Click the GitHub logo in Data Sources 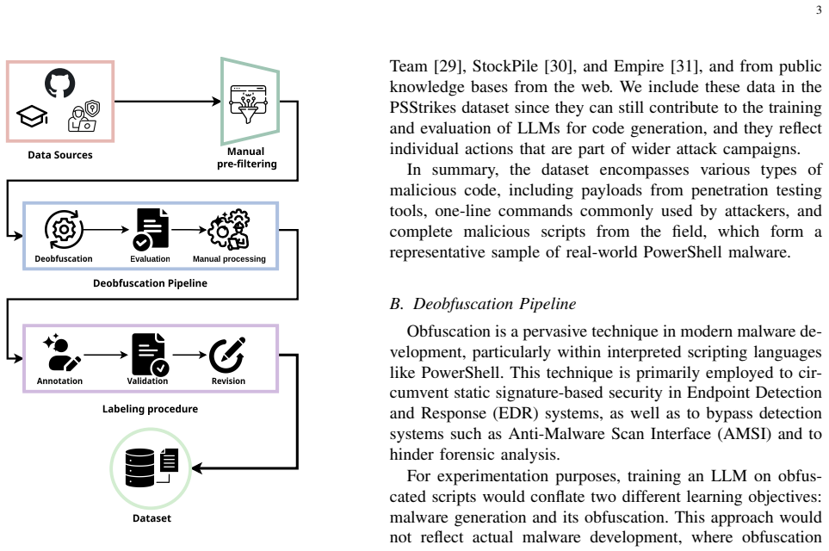coord(59,83)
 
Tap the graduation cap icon coord(32,116)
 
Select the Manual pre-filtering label coord(246,158)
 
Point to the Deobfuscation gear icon coord(64,230)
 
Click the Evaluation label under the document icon coord(150,258)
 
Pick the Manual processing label coord(229,258)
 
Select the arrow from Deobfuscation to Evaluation coord(106,230)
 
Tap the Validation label coord(147,381)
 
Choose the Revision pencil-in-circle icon coord(227,355)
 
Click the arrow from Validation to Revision coord(189,355)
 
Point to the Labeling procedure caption coord(150,409)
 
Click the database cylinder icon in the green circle coord(140,467)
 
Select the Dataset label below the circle coord(152,518)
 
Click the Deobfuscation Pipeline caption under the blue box coord(150,283)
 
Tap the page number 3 coord(819,10)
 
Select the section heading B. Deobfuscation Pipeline coord(483,304)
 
